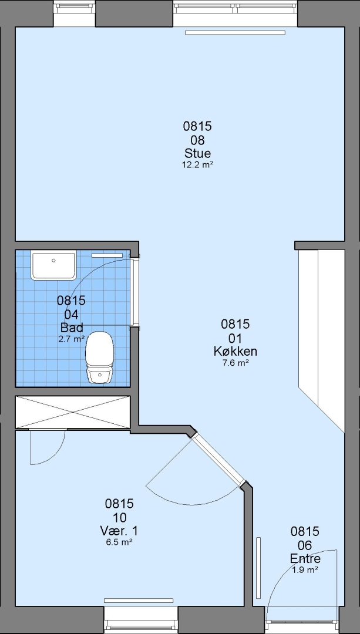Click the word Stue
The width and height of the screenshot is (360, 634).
[x=197, y=154]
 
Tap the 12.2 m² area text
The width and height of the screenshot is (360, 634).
[x=197, y=164]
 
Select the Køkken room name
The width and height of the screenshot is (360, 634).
[x=235, y=352]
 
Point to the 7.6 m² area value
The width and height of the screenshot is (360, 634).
[x=235, y=363]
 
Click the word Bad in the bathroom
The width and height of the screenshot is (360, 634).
[x=71, y=327]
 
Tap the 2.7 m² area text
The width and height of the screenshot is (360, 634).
[x=71, y=339]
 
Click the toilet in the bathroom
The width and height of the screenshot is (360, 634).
[x=99, y=357]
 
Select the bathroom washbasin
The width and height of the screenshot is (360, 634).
[x=54, y=266]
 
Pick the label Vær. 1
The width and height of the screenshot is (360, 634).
[x=119, y=530]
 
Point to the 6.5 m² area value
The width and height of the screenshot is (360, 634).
[x=119, y=542]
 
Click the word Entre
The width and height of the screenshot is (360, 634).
[x=305, y=558]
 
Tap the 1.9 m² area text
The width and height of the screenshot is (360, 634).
[x=305, y=569]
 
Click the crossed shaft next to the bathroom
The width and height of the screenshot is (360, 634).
[x=73, y=412]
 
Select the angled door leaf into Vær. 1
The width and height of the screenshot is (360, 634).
[x=218, y=458]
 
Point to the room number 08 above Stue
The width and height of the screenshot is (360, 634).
[x=197, y=140]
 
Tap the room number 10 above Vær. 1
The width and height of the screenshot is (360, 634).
[x=119, y=517]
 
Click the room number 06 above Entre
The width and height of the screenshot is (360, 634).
[x=305, y=545]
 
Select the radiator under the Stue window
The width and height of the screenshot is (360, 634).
[x=235, y=33]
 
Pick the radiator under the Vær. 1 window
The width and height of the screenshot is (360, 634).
[x=139, y=601]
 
